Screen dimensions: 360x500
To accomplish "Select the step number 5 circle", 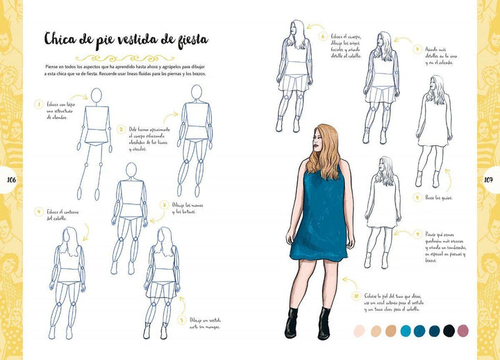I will pos(181,320).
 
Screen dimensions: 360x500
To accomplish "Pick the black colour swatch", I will pos(449,331).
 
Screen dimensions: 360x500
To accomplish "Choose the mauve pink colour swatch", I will pos(462,331).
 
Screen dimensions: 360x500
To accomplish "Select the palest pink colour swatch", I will pos(359,331).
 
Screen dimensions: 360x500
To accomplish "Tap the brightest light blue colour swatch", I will pos(405,331).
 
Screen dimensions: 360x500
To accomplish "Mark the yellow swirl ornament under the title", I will pos(122,57).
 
